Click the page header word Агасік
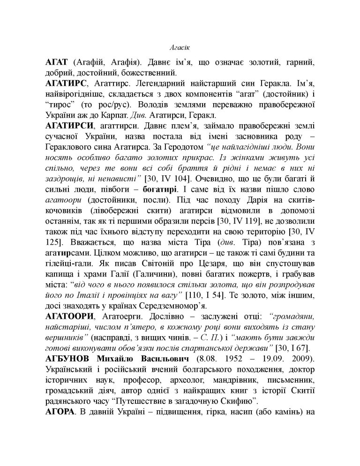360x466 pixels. pyautogui.click(x=180, y=47)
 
